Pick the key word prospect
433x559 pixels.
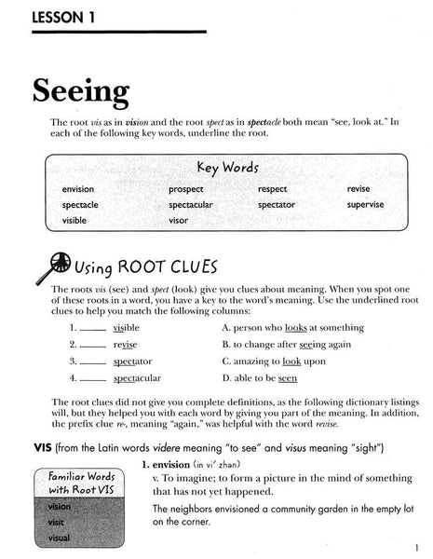(186, 189)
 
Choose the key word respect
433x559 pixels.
(273, 189)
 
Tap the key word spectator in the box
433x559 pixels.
(277, 204)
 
